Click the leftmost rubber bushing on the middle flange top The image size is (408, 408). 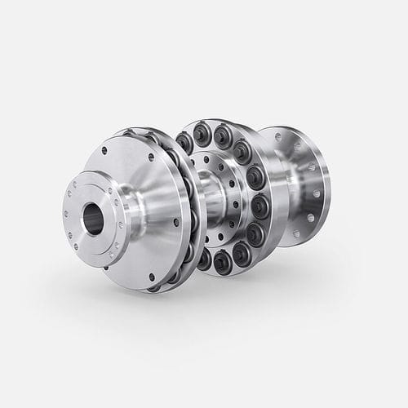(x=185, y=142)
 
